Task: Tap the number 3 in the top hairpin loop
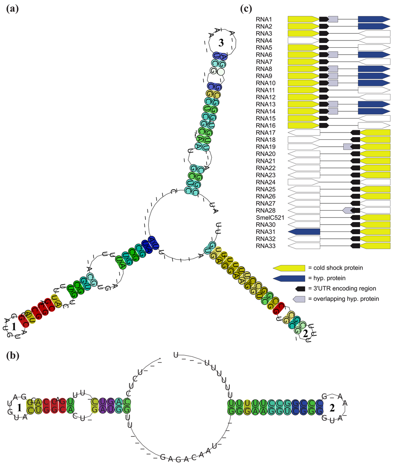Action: click(221, 43)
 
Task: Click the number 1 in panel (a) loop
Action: click(13, 327)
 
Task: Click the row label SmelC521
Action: click(270, 218)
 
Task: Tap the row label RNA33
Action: click(265, 246)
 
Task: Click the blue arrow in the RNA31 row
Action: click(304, 232)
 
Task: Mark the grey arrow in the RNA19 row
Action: click(348, 147)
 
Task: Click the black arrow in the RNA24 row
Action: click(355, 182)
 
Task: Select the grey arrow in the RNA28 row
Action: click(349, 210)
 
